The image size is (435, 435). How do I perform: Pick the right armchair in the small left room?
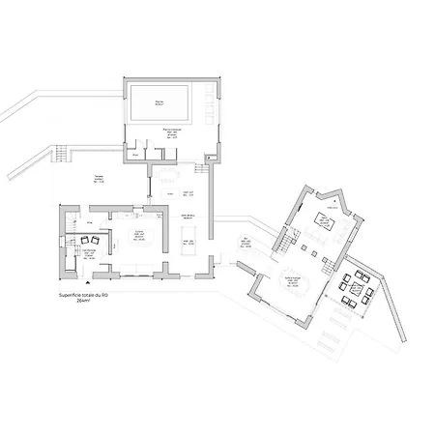tap(97, 239)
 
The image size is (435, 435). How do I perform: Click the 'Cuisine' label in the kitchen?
tap(139, 232)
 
